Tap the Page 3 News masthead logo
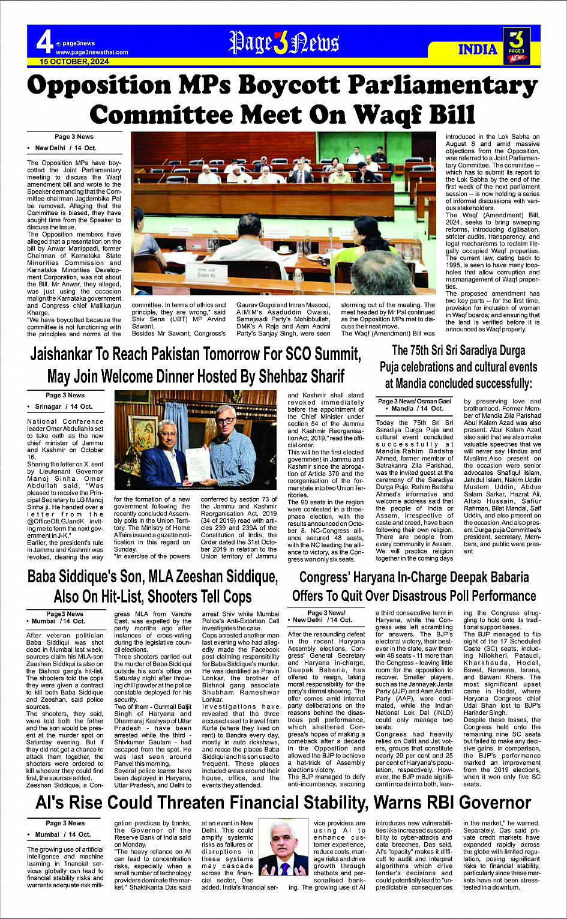pos(284,43)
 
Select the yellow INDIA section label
pos(478,49)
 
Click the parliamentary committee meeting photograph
pos(286,213)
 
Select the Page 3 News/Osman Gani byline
pos(414,401)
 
